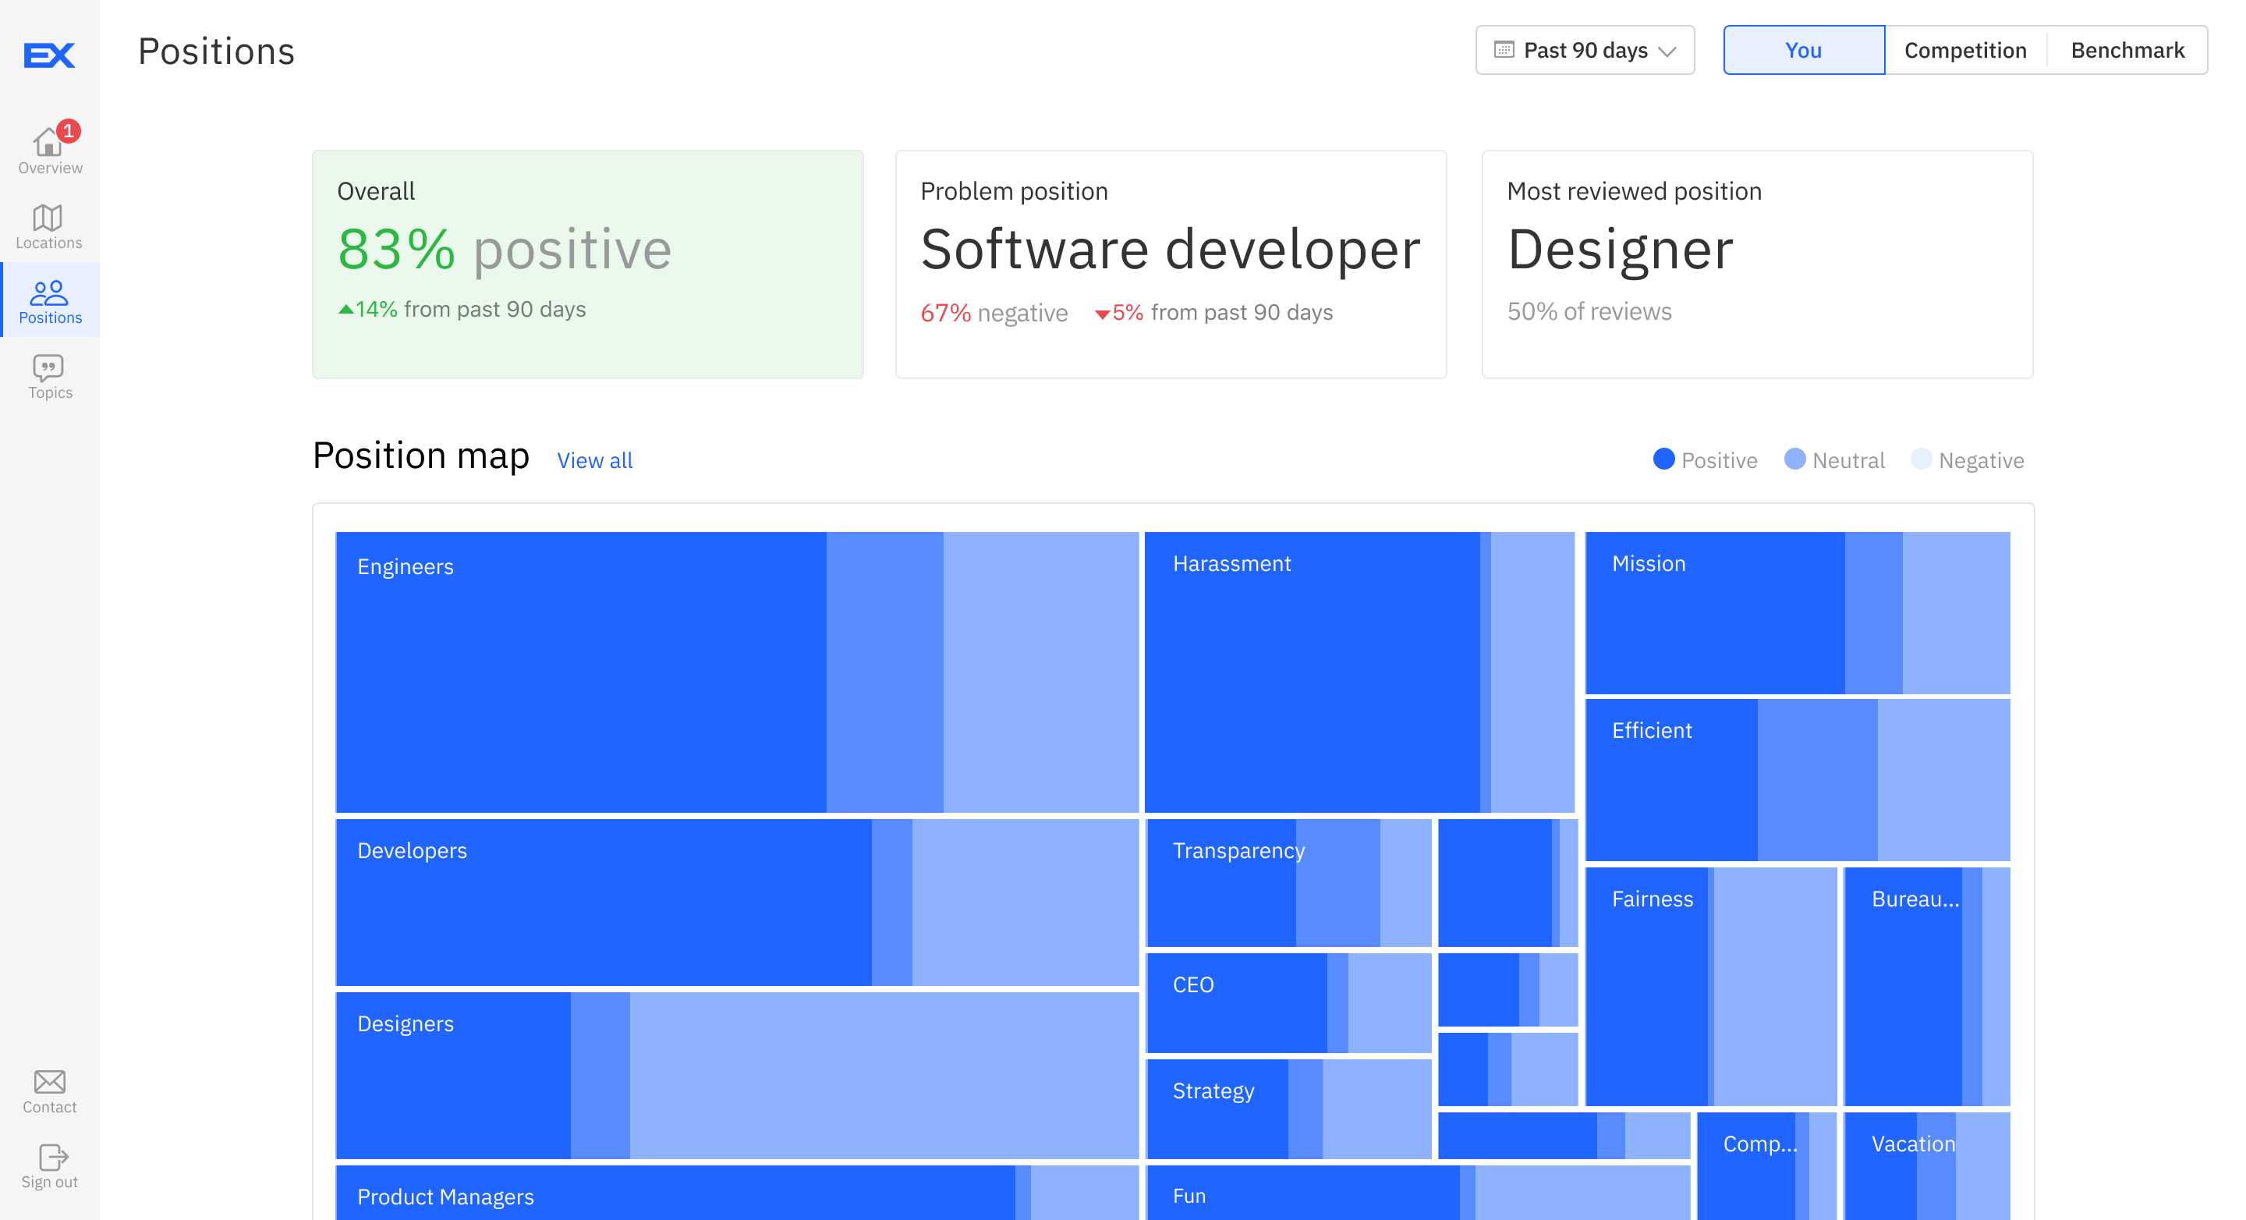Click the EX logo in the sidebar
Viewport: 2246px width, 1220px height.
click(x=49, y=55)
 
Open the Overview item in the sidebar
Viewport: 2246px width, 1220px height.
click(x=50, y=149)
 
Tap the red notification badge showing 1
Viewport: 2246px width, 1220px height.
click(x=68, y=131)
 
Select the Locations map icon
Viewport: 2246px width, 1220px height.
click(x=48, y=218)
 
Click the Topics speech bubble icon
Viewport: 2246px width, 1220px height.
click(x=48, y=367)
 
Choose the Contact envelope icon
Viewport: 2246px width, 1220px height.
click(x=50, y=1081)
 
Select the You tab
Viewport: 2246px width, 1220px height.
click(x=1803, y=50)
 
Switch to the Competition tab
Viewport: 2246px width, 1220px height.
click(x=1964, y=50)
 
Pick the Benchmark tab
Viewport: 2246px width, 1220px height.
click(x=2127, y=50)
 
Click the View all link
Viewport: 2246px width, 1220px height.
click(x=594, y=460)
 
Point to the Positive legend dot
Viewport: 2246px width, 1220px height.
click(x=1663, y=459)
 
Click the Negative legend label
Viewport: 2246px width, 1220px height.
click(x=1980, y=460)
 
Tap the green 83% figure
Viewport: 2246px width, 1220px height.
click(x=396, y=250)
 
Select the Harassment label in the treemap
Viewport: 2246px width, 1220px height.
click(x=1231, y=563)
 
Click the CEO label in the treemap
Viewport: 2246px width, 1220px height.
click(x=1192, y=984)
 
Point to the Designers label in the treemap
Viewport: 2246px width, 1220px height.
click(x=406, y=1023)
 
